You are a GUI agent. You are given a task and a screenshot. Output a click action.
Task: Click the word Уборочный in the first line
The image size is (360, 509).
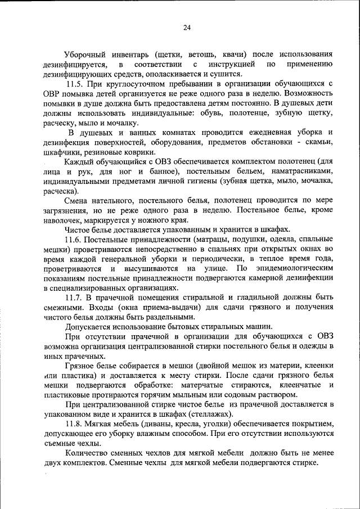click(86, 55)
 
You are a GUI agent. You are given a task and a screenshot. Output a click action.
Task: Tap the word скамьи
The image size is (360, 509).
click(319, 142)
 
